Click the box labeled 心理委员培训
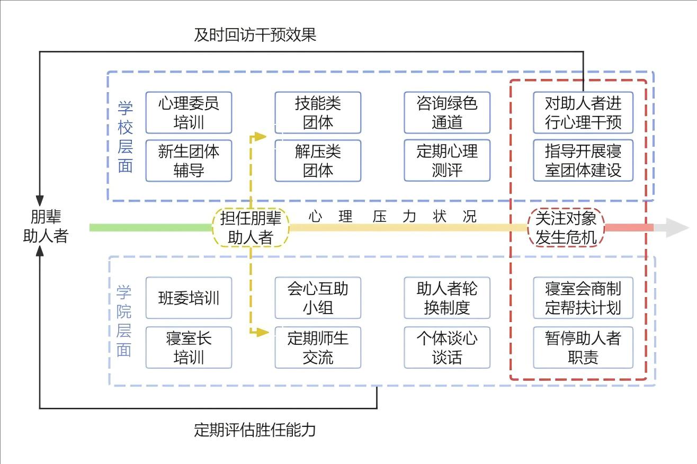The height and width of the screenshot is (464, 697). coord(189,113)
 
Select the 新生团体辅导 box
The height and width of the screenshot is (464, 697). coord(189,160)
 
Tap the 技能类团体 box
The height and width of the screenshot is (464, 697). coord(318,113)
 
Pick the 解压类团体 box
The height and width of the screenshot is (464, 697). coord(318,160)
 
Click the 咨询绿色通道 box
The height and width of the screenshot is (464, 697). coord(447,113)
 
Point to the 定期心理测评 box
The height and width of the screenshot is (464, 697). coord(447,160)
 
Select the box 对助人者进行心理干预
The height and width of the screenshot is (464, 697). coord(583,113)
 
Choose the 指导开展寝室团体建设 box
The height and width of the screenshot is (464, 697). coord(583,160)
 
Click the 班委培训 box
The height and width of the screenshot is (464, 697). coord(189,298)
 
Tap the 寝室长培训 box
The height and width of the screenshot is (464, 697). coord(189,347)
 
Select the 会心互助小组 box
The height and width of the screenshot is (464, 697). coord(318,298)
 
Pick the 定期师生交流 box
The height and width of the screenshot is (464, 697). coord(318,347)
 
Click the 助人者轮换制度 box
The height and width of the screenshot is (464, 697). coord(447,298)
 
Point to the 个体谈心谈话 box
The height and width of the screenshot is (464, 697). coord(447,347)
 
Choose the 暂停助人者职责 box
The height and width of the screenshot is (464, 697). coord(583,347)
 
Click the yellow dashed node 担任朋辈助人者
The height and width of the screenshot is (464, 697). coord(251,227)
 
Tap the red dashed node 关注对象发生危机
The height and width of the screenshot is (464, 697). coord(566,227)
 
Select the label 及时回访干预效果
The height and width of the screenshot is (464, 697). coord(255,35)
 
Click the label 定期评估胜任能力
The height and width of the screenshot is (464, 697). coord(255,429)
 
